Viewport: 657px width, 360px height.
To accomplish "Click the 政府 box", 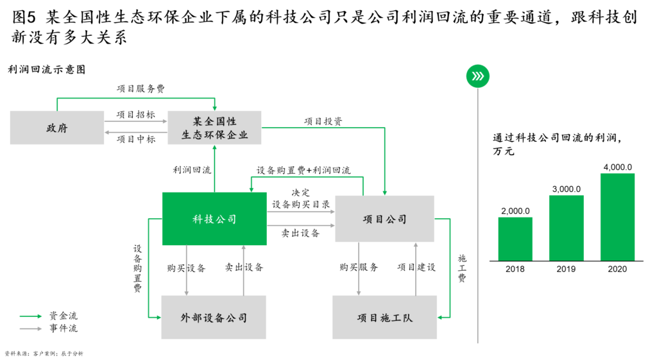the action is [x=57, y=128].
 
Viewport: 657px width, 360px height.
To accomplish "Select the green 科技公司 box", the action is [x=214, y=219].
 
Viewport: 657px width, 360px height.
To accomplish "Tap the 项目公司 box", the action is [x=385, y=219].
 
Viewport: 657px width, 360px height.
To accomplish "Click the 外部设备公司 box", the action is [x=214, y=317].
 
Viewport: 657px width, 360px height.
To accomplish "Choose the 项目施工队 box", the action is [x=385, y=317].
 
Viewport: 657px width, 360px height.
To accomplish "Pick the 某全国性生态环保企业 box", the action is [x=214, y=128].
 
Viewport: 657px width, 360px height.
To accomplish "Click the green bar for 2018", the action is [x=515, y=239].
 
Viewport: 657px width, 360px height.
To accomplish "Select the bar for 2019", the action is [x=567, y=228].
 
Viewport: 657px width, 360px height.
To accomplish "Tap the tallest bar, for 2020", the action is [x=618, y=217].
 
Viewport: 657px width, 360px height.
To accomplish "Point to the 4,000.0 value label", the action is [x=618, y=167].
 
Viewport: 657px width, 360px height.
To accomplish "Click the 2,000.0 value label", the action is [x=515, y=211].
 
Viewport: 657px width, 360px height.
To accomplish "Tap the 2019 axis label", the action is [x=566, y=269].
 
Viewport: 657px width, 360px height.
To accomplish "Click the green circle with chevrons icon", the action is [x=477, y=76].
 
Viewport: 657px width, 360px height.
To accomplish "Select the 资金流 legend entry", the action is [x=64, y=316].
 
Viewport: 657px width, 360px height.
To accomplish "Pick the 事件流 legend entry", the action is [x=64, y=328].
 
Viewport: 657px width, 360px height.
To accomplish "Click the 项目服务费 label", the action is [x=141, y=89].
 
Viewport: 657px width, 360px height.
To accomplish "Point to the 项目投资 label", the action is [x=323, y=121].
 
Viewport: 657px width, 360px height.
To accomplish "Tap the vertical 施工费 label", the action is [x=462, y=268].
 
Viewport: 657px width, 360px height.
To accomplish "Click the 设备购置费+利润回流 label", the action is [x=303, y=170].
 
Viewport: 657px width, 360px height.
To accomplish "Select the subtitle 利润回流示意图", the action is [x=46, y=69].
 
